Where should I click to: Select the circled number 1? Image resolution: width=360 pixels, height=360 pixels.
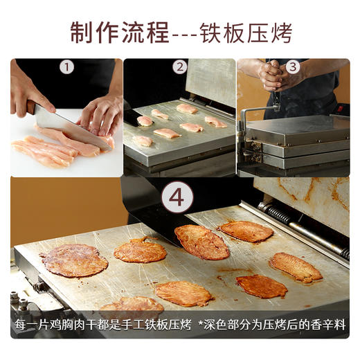click(x=66, y=68)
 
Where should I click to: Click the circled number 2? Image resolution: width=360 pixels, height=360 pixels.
click(x=180, y=67)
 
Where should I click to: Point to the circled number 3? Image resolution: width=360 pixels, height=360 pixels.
click(x=293, y=67)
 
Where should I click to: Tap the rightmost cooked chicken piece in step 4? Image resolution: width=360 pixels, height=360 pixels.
click(x=296, y=267)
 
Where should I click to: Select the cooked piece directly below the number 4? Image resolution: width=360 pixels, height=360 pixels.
click(x=201, y=242)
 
